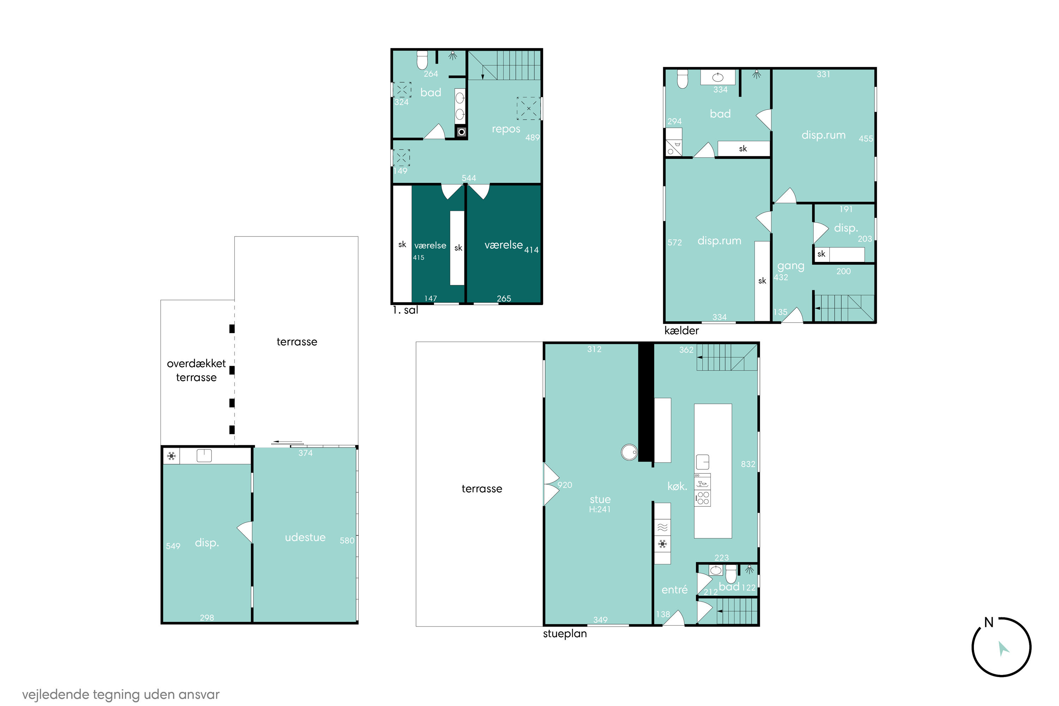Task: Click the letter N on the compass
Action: pos(989,622)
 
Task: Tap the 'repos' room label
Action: pos(506,129)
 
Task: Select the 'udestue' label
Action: pos(305,537)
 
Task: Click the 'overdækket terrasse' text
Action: pos(196,370)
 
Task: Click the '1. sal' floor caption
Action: pos(405,310)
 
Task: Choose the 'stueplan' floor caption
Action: pos(565,634)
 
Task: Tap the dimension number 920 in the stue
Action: pos(565,485)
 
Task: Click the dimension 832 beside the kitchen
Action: pos(748,464)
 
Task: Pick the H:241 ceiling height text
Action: pos(600,509)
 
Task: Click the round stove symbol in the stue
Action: pos(629,451)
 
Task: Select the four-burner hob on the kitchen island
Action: pos(702,498)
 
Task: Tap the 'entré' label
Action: pos(674,590)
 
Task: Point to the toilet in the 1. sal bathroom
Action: pos(422,60)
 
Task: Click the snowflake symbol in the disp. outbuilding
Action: pos(171,456)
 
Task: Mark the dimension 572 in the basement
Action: pos(674,243)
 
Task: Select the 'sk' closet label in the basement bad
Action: pos(743,149)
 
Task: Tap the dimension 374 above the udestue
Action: pos(305,453)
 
